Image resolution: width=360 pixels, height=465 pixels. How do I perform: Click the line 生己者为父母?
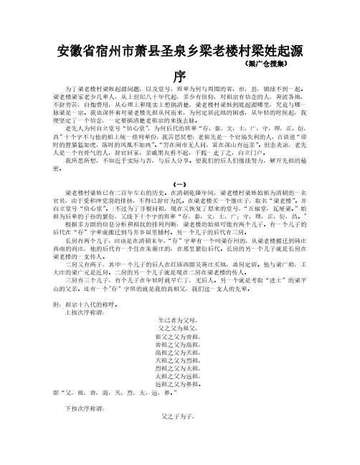[x=179, y=356]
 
